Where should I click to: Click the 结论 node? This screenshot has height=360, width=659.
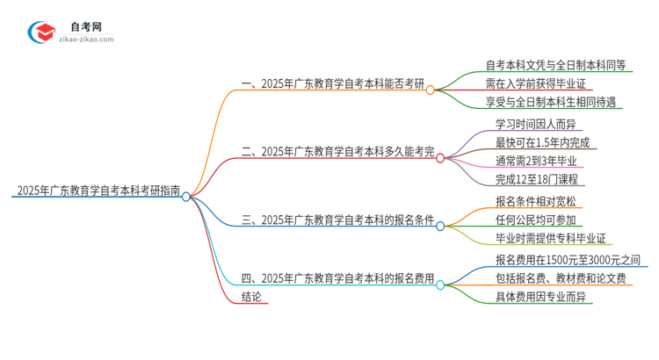click(251, 297)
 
